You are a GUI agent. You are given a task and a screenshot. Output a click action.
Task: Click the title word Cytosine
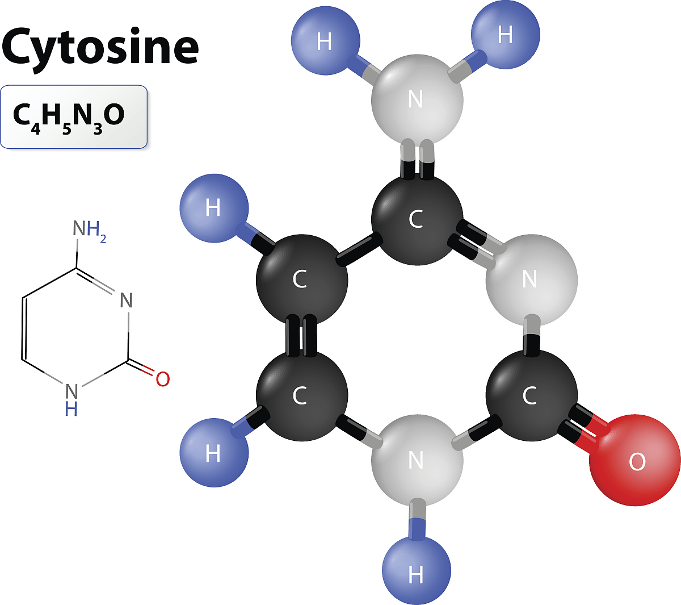tap(100, 47)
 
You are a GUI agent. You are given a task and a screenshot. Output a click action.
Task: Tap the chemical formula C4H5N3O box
tap(74, 117)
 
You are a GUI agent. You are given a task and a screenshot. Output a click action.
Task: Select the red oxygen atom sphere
tap(635, 461)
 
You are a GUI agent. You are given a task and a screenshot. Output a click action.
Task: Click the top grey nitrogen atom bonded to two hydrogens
tap(417, 100)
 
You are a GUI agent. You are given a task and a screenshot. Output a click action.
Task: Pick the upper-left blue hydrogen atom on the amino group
tap(325, 40)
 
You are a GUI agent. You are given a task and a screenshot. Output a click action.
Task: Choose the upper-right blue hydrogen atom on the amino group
tap(505, 34)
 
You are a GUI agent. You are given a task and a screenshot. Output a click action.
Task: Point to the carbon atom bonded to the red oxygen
tap(531, 395)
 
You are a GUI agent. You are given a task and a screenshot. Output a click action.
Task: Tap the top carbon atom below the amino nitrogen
tap(417, 219)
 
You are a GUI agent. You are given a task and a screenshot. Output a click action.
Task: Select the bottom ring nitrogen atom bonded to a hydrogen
tap(417, 460)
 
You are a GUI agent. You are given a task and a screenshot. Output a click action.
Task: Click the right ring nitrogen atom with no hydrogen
tap(531, 280)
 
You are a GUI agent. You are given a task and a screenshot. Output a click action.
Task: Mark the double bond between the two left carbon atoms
tap(301, 336)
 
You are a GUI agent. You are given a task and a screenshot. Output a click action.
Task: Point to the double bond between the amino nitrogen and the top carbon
tap(417, 158)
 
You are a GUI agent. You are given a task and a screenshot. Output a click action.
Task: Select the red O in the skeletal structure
tap(163, 379)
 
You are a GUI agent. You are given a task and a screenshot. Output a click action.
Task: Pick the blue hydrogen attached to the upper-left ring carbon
tap(214, 208)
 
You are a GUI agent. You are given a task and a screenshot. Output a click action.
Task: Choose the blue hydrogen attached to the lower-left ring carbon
tap(214, 453)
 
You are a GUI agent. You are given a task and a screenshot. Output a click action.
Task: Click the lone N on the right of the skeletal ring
tap(127, 300)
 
